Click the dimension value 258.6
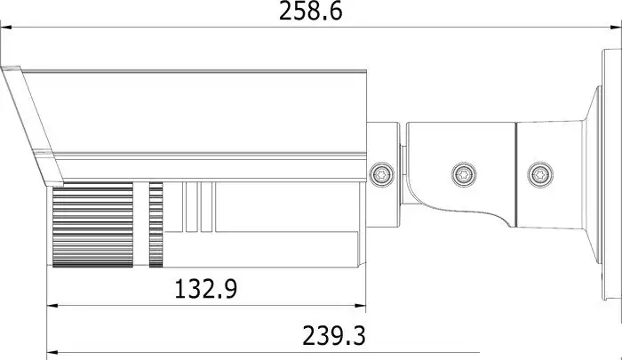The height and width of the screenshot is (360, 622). click(311, 12)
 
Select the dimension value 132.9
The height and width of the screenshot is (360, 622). click(206, 289)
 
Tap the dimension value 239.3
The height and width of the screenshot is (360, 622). click(334, 336)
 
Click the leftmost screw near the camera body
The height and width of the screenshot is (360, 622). click(381, 174)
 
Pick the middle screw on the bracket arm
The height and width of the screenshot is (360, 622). click(464, 174)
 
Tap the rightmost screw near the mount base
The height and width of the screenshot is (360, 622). click(540, 174)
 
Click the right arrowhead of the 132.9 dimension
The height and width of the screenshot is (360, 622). click(360, 306)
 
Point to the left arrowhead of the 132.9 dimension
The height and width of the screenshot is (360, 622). click(52, 306)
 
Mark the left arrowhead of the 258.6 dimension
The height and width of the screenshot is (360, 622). click(6, 28)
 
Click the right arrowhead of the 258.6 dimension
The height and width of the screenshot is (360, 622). click(616, 28)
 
